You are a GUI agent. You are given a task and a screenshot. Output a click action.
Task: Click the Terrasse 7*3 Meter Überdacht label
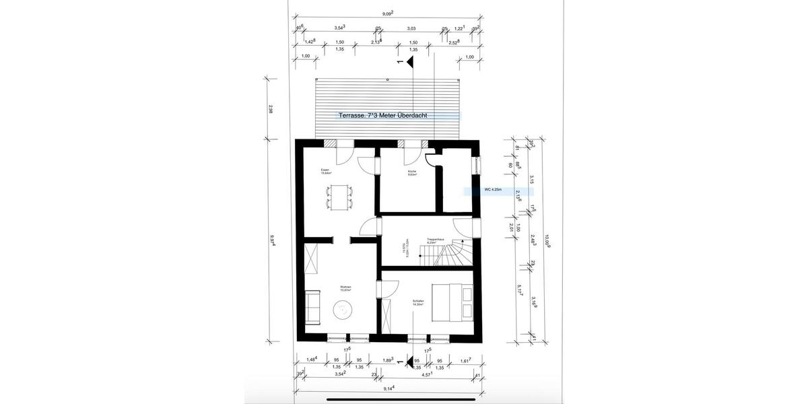click(383, 116)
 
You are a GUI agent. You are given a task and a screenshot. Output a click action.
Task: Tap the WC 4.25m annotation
click(497, 191)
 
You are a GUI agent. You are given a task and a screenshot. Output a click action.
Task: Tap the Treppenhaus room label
click(433, 240)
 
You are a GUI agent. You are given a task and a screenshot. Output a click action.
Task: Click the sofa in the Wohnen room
click(312, 304)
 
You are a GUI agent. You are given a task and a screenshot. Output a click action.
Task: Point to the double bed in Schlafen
click(456, 302)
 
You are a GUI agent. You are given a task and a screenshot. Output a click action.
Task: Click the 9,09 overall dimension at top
click(388, 12)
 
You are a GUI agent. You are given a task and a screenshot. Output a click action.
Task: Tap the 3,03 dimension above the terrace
click(411, 29)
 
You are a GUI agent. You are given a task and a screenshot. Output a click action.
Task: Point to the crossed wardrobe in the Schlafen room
click(387, 316)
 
